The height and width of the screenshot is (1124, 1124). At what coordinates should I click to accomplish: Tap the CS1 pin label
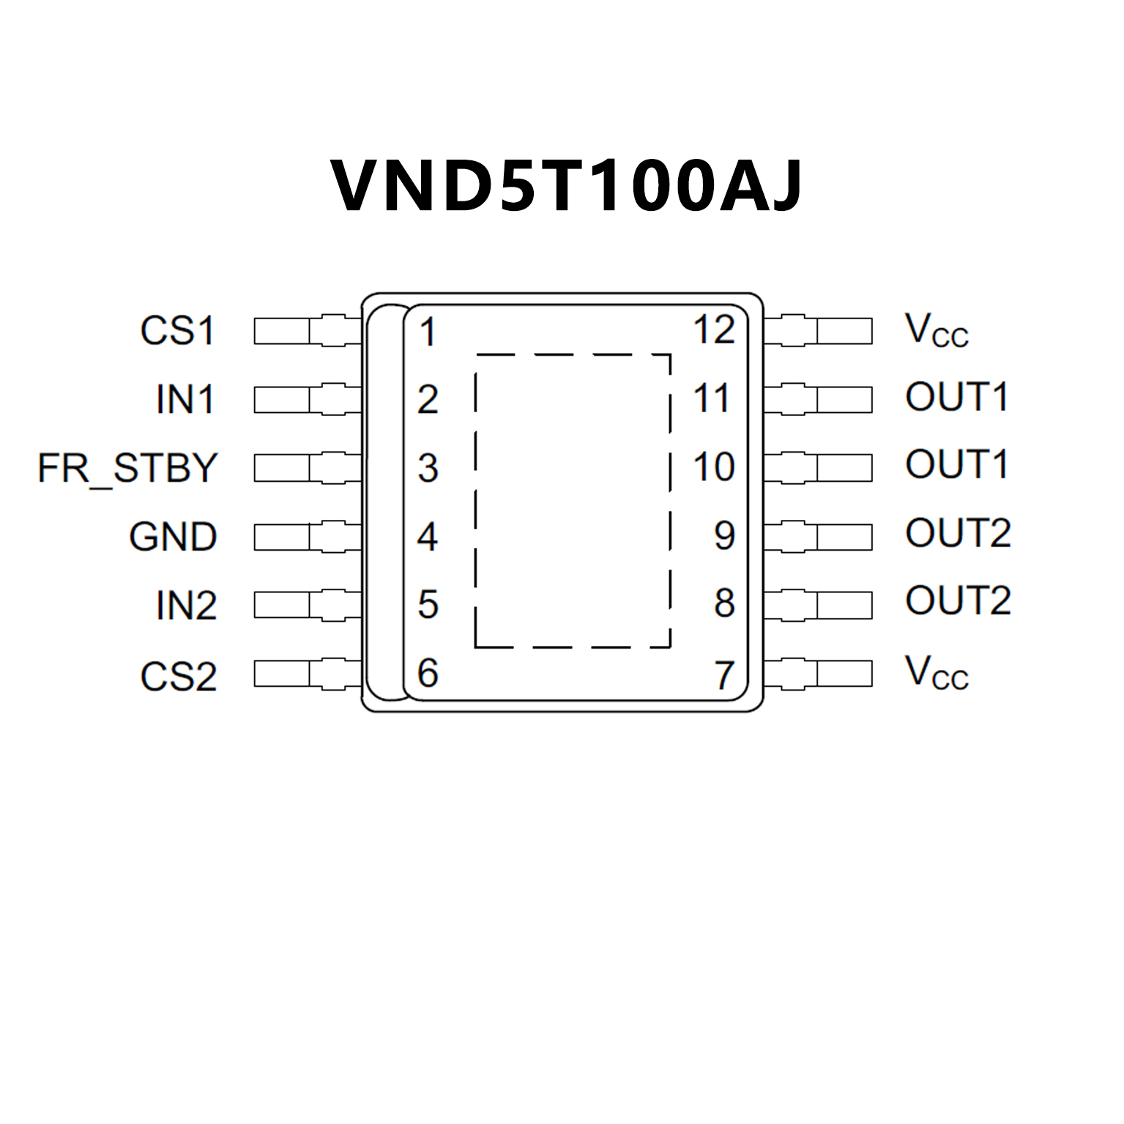coord(178,330)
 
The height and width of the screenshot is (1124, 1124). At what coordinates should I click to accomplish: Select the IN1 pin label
coord(185,400)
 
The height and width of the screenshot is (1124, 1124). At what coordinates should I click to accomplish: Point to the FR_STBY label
coord(128,469)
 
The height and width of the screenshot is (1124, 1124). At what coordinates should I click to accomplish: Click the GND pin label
coord(173,537)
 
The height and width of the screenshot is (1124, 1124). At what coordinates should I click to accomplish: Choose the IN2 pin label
coord(186,606)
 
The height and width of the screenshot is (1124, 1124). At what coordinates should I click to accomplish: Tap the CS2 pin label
coord(178,676)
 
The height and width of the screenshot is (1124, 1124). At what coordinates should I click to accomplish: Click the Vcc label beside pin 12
coord(936,330)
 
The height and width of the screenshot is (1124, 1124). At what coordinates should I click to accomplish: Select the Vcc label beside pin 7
coord(936,672)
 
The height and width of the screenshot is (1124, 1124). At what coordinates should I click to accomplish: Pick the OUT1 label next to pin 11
coord(956,397)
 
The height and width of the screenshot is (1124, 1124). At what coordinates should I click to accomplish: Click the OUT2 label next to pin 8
coord(958,600)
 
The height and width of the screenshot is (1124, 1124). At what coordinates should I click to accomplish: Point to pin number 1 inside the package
coord(428,332)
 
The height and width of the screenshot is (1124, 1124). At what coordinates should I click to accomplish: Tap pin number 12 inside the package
coord(714,330)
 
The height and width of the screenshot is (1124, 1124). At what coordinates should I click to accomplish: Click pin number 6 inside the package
coord(428,673)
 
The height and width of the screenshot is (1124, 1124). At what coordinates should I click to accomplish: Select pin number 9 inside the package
coord(724,535)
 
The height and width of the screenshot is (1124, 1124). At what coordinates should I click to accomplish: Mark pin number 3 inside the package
coord(428,468)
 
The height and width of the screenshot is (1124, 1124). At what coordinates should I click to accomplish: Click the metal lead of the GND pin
coord(308,537)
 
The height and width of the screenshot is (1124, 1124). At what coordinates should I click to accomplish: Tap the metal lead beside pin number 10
coord(818,467)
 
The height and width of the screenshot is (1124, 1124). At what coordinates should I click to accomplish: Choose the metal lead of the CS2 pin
coord(308,674)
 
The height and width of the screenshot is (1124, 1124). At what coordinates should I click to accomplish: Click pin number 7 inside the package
coord(724,675)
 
